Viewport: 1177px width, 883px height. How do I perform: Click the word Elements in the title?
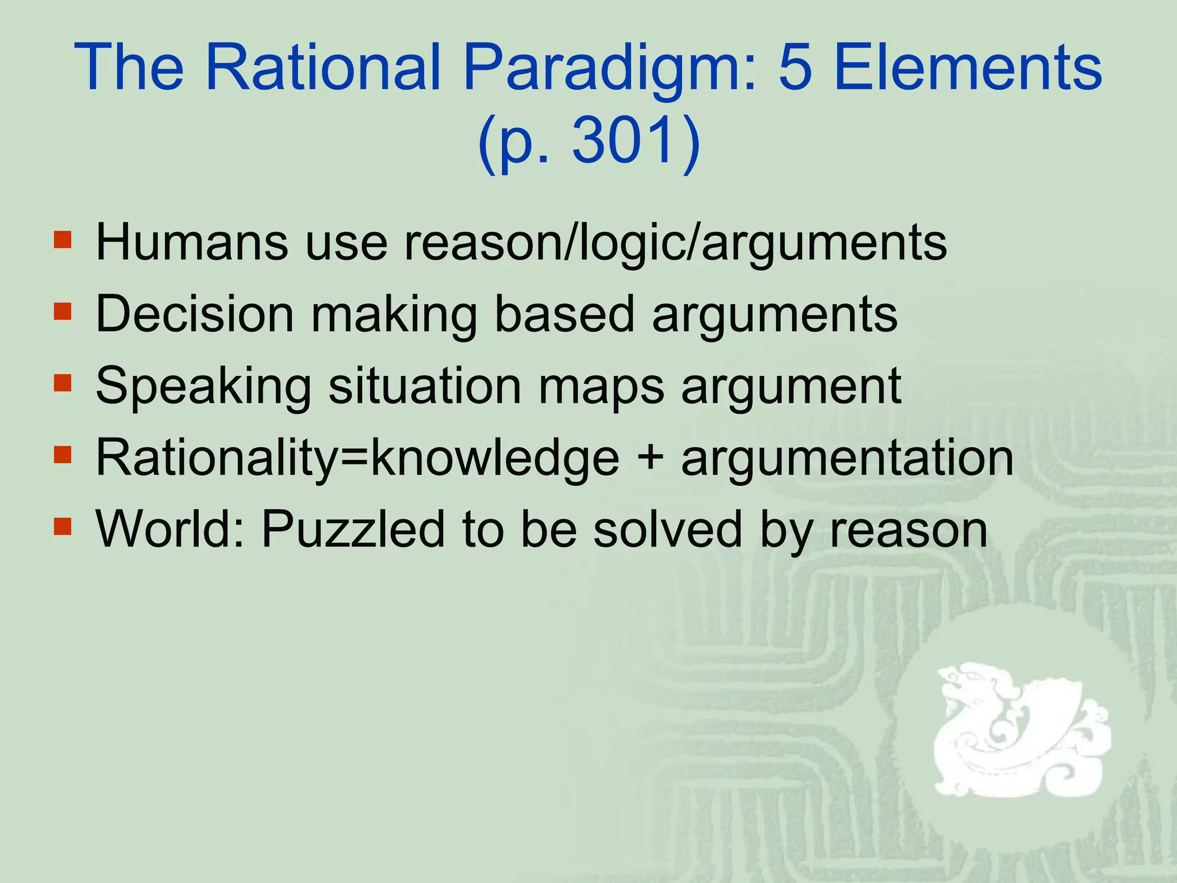click(x=968, y=68)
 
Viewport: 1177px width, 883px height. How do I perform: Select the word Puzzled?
click(x=353, y=529)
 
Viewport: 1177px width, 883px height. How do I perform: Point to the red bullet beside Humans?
click(x=63, y=239)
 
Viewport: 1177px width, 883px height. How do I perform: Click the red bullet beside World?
click(x=63, y=525)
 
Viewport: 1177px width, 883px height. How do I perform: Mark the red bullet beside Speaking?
click(x=63, y=382)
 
